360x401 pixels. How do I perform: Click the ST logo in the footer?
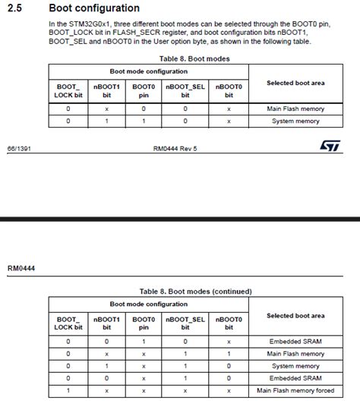coord(328,143)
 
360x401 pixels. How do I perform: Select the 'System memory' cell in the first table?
coord(295,120)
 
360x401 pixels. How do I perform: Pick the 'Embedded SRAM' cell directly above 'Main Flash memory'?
coord(295,342)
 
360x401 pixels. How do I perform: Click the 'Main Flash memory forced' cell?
coord(295,390)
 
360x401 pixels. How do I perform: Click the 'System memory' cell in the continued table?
coord(295,366)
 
